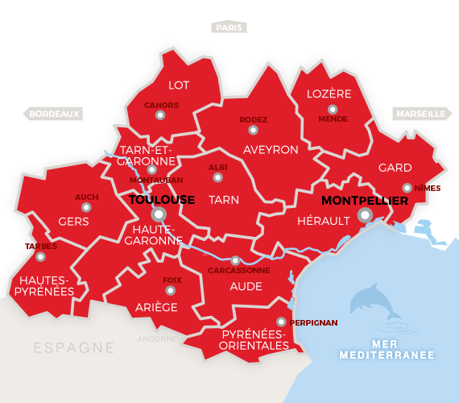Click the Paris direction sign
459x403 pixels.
tap(229, 27)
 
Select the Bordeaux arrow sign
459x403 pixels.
tap(53, 114)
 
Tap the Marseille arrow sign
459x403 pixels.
tap(420, 114)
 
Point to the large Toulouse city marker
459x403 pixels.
tap(159, 214)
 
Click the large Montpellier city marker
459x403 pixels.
tap(365, 214)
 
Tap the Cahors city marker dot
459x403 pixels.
tap(160, 115)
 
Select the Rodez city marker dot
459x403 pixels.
tap(253, 130)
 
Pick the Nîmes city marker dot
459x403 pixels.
tap(407, 188)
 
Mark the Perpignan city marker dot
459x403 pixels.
tap(281, 322)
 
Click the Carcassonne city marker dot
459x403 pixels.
tap(235, 260)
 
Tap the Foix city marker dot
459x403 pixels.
tap(171, 290)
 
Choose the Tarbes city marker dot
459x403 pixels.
tap(40, 256)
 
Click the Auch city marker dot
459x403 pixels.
tap(86, 207)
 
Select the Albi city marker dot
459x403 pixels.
tap(217, 177)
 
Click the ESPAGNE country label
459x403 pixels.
tap(74, 348)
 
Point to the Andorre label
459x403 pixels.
tap(156, 339)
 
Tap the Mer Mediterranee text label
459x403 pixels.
tap(387, 350)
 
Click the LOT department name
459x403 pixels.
tap(179, 85)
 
